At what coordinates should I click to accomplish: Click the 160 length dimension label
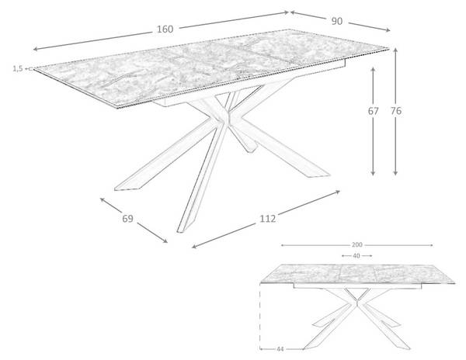point(165,29)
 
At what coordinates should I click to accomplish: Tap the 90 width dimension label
point(337,21)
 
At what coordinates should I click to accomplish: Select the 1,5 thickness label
point(18,68)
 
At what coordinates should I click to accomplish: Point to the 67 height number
point(374,111)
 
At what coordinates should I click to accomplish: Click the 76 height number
point(396,111)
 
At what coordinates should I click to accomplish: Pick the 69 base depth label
point(128,219)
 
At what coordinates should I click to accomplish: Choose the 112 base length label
point(268,219)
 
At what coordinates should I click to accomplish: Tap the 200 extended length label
point(357,245)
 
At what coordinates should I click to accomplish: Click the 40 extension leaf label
point(356,255)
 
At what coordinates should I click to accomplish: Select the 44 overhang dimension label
point(280,349)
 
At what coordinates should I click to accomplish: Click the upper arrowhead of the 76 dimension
point(395,50)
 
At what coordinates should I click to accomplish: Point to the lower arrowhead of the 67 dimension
point(374,173)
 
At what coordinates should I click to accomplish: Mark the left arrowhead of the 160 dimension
point(35,49)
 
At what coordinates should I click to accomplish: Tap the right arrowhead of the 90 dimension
point(388,29)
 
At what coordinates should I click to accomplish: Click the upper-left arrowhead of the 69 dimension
point(102,199)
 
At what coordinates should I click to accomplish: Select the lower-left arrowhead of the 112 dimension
point(194,246)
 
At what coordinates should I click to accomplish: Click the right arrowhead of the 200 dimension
point(431,245)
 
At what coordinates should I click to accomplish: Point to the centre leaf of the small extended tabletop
point(356,273)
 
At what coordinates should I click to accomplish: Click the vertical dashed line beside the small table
point(260,316)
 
